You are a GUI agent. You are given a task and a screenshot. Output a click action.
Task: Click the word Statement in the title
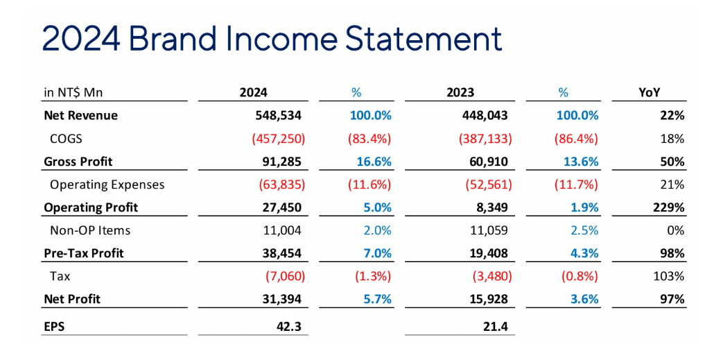point(424,39)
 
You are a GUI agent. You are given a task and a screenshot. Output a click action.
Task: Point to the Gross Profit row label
point(78,162)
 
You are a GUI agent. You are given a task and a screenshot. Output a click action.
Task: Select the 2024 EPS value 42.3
point(288,325)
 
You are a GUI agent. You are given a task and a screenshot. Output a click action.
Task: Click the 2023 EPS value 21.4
point(497,325)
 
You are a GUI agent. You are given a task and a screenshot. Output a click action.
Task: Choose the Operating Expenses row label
point(107,185)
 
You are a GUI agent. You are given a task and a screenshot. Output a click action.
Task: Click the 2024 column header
point(253,92)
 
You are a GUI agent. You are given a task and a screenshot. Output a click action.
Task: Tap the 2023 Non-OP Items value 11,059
point(489,230)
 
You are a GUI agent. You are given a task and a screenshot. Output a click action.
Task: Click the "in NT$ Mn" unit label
point(73,92)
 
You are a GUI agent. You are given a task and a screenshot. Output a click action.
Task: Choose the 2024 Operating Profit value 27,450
point(281,207)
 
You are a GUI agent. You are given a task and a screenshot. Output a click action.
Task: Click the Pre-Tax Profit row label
point(83,253)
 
